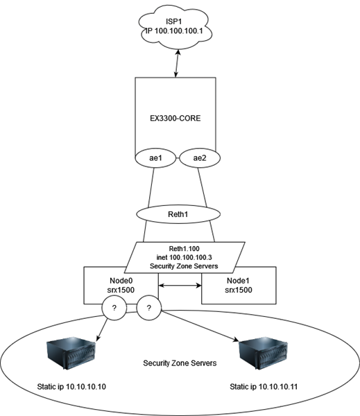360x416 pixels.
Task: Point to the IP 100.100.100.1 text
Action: click(x=179, y=32)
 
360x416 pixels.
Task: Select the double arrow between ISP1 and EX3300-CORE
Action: click(x=179, y=65)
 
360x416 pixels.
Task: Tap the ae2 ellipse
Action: click(x=200, y=159)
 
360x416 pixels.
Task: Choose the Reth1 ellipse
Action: click(x=179, y=214)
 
